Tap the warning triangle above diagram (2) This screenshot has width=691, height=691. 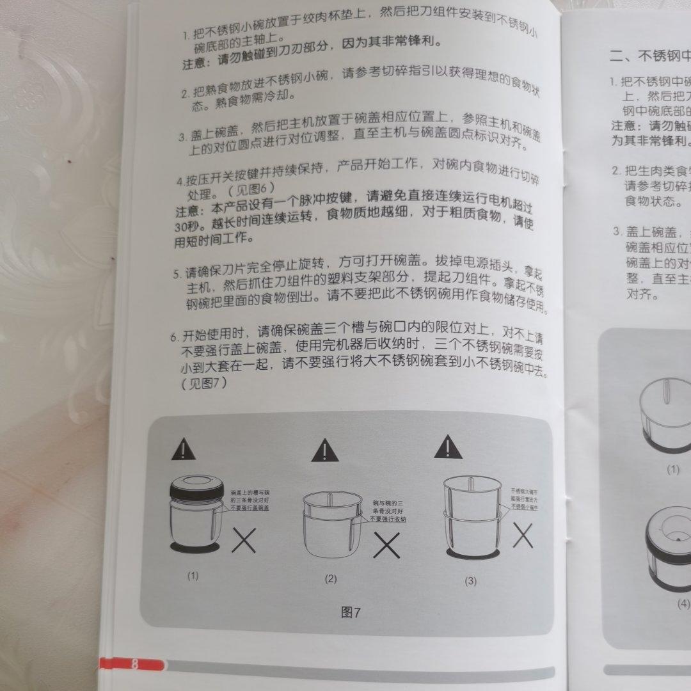(325, 452)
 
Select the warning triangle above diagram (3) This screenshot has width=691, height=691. (448, 447)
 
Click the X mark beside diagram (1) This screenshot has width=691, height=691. (244, 541)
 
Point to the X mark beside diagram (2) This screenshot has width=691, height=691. (387, 546)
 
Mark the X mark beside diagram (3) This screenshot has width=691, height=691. (523, 536)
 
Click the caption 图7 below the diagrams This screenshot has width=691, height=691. (351, 612)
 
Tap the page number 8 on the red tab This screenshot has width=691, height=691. (135, 663)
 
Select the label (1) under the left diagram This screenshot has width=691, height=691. (193, 575)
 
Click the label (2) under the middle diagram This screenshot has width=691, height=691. (330, 579)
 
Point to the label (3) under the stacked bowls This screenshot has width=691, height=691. (471, 581)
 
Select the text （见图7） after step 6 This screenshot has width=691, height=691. (205, 384)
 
